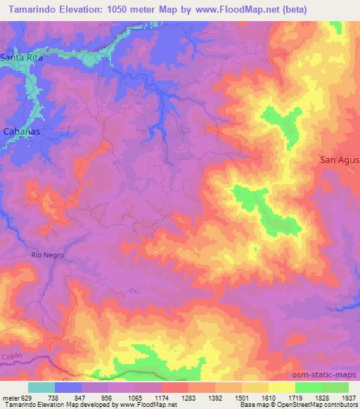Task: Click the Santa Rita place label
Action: pyautogui.click(x=22, y=57)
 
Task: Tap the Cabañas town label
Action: pyautogui.click(x=20, y=131)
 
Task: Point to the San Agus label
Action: pyautogui.click(x=339, y=160)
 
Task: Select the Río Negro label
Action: pyautogui.click(x=47, y=255)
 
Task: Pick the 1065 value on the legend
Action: pyautogui.click(x=135, y=398)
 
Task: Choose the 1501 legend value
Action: pyautogui.click(x=242, y=398)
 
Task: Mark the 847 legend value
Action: pyautogui.click(x=82, y=398)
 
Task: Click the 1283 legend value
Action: pyautogui.click(x=188, y=398)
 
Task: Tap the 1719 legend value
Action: pyautogui.click(x=295, y=398)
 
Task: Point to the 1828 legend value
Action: pyautogui.click(x=322, y=398)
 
